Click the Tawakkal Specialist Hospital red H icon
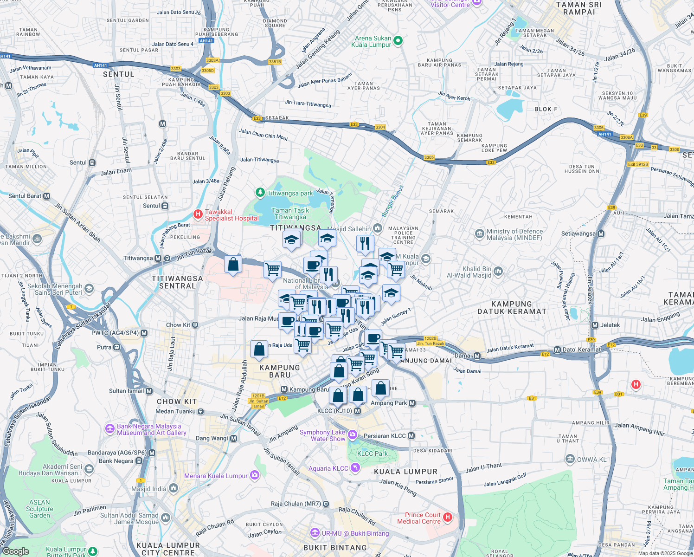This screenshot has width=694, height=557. coord(198,215)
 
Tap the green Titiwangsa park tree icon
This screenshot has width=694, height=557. coord(260,193)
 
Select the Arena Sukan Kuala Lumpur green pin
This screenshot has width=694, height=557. coord(398,41)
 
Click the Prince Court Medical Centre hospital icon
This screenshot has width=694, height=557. coord(448,518)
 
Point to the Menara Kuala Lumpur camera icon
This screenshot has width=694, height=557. coord(255,475)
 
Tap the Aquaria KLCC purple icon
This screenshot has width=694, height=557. coord(355,467)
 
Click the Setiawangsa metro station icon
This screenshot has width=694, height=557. coord(601,233)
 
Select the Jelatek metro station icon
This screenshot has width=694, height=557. coord(596,325)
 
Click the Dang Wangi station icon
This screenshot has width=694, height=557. coord(233,438)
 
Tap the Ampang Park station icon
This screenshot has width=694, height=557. coord(412,403)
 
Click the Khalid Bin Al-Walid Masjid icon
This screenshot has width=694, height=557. coord(498,271)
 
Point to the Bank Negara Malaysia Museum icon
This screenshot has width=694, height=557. coord(110,428)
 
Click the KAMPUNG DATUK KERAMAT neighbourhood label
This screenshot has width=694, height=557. coord(512,308)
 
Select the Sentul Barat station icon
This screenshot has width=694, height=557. coord(46,196)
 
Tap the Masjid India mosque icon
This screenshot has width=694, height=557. coord(173,488)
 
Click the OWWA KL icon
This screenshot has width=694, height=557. coord(570,459)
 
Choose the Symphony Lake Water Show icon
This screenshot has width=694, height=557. coord(353,435)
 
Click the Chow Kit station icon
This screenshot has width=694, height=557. coord(195,325)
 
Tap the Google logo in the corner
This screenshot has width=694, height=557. coord(16,551)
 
